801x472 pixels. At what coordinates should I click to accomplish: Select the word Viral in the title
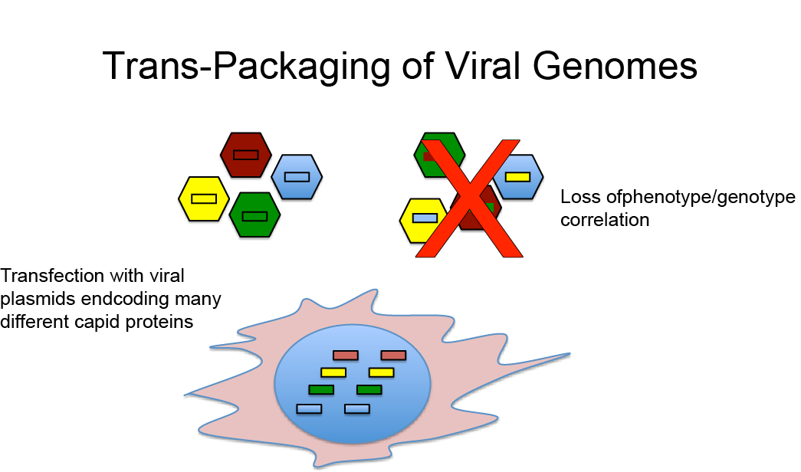pos(475,66)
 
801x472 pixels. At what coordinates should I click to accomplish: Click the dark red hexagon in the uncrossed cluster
pos(245,154)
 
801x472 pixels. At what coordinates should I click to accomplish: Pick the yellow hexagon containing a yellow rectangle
pos(203,198)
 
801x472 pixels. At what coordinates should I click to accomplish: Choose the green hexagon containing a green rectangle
pos(254,215)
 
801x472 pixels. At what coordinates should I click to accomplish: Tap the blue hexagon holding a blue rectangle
pos(297,177)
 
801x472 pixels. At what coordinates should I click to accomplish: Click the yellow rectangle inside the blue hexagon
pos(518,177)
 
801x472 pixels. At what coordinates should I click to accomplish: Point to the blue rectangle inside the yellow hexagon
pos(424,218)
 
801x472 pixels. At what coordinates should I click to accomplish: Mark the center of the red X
pos(468,198)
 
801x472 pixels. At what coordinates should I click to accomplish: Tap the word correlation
pos(605,220)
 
